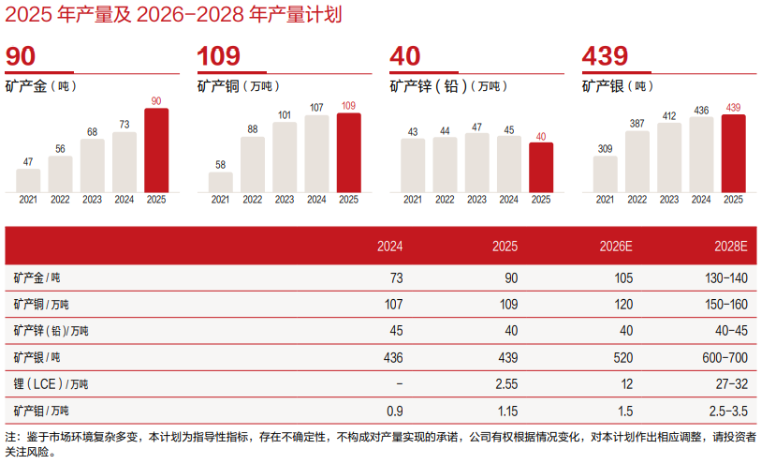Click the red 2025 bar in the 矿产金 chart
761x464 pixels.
point(156,150)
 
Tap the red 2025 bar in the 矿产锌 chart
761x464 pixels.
point(541,167)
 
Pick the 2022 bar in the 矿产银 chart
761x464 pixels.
point(637,161)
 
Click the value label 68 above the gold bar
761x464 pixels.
point(92,131)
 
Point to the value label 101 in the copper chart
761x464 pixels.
point(285,115)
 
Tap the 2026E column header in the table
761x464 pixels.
point(616,247)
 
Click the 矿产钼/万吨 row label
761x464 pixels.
point(41,411)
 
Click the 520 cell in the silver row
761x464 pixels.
point(622,358)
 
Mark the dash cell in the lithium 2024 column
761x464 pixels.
point(400,384)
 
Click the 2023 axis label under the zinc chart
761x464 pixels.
point(477,199)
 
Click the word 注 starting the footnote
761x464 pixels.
point(10,438)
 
